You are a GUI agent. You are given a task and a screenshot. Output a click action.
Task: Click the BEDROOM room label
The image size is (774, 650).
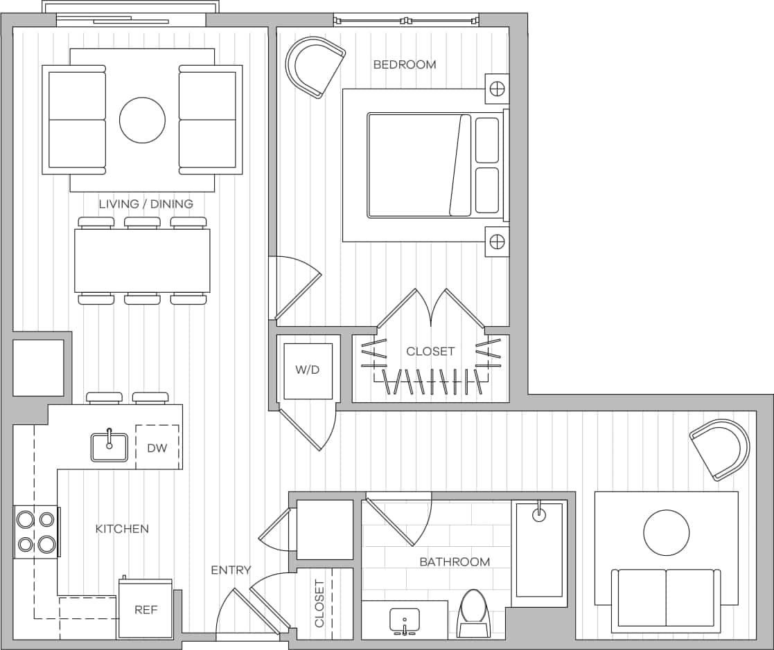405,64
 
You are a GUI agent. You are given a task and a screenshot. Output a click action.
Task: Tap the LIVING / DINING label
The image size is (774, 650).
146,204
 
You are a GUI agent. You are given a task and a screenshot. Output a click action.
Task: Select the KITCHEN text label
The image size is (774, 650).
122,529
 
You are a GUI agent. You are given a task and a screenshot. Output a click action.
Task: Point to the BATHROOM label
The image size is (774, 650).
455,562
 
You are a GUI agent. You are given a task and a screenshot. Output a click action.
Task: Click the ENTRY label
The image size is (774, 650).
231,570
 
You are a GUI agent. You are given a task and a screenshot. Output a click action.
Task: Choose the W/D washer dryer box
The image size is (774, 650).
308,370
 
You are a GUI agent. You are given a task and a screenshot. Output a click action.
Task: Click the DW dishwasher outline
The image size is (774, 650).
157,448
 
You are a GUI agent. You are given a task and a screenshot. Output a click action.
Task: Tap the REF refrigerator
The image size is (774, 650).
146,610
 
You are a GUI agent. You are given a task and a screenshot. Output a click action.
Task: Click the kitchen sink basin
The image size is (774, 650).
109,447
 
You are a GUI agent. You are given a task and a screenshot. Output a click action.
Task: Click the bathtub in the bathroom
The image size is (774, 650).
539,551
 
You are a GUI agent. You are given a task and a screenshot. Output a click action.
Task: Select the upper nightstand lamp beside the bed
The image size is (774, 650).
497,88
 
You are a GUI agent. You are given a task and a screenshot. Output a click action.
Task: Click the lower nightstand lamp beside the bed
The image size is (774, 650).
497,241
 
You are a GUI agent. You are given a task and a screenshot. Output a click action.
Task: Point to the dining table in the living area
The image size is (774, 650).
142,261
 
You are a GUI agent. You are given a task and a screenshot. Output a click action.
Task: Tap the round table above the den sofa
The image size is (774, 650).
666,532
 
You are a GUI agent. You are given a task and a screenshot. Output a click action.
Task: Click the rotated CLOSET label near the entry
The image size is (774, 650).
319,604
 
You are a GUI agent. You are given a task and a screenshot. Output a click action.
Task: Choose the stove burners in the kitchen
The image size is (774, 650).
37,532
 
